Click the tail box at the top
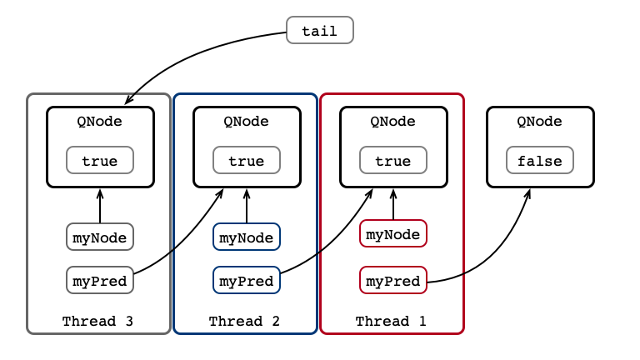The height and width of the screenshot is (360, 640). tap(320, 30)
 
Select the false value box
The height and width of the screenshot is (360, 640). tap(540, 160)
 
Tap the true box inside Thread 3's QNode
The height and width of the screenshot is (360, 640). tap(100, 160)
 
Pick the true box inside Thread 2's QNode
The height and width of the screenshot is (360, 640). tap(247, 160)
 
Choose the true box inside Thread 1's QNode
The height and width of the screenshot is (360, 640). tap(393, 160)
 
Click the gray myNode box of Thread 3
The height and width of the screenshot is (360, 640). tap(100, 237)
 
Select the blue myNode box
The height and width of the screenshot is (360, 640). tap(247, 237)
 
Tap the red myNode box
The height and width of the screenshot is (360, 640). tap(393, 233)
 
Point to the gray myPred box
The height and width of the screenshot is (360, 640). tap(100, 280)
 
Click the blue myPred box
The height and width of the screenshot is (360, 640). tap(247, 280)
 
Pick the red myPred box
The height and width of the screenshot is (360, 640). tap(393, 280)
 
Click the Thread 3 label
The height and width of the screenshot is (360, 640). tap(98, 321)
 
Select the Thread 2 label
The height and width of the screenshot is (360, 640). tap(244, 321)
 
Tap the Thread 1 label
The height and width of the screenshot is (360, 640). tap(391, 321)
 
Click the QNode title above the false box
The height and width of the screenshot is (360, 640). tap(540, 121)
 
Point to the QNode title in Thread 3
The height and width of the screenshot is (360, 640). tap(100, 121)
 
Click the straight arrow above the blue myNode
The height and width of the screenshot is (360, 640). tap(247, 206)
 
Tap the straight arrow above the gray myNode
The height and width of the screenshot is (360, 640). tap(100, 206)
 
